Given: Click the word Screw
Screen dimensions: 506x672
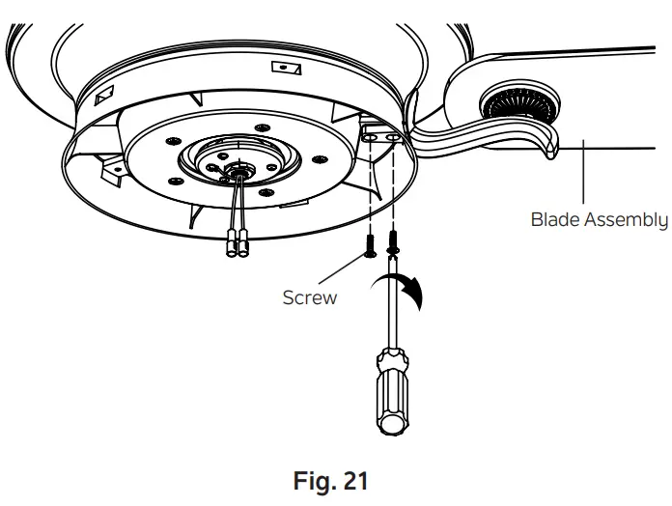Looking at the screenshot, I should [x=309, y=297].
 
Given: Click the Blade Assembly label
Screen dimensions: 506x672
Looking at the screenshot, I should [x=599, y=219].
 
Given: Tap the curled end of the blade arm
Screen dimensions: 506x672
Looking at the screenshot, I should [x=550, y=147].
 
